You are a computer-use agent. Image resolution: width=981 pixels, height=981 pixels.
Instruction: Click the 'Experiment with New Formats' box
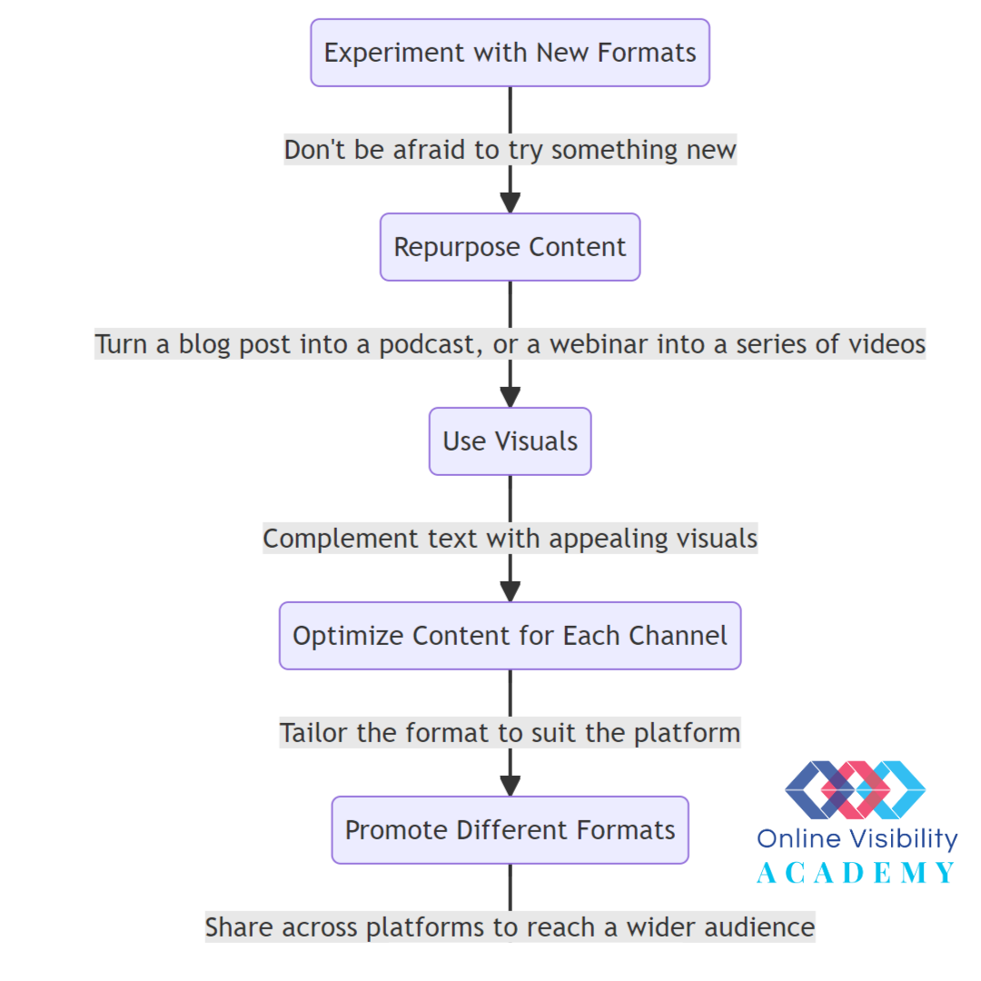(510, 53)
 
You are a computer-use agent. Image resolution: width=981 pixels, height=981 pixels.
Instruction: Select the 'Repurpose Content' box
(510, 247)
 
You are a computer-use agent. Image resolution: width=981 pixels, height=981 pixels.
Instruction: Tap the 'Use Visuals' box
(510, 441)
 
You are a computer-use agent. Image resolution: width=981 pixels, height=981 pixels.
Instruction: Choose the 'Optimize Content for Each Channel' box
(510, 636)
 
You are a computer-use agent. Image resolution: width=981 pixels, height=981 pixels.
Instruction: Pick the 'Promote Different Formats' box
(510, 830)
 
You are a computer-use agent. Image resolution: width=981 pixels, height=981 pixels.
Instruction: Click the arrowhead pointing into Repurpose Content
(510, 203)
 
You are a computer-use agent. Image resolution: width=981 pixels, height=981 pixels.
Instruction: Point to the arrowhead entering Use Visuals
(510, 397)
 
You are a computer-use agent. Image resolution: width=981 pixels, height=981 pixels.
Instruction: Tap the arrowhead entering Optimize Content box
(510, 592)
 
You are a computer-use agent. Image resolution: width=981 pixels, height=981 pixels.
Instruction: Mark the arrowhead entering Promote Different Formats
(510, 787)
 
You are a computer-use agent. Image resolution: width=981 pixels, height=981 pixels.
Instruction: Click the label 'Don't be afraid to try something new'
(510, 150)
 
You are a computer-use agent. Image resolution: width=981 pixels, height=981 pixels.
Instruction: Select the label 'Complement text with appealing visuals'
(510, 539)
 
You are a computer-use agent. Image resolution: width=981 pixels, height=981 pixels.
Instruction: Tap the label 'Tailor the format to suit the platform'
(510, 733)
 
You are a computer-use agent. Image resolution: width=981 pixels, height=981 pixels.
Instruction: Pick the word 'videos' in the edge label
(887, 344)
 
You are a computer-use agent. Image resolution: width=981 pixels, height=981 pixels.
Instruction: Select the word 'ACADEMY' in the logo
(856, 873)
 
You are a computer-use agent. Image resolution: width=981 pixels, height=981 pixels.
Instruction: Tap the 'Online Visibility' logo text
(857, 839)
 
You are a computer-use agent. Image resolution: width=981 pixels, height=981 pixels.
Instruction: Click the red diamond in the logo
(856, 789)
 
